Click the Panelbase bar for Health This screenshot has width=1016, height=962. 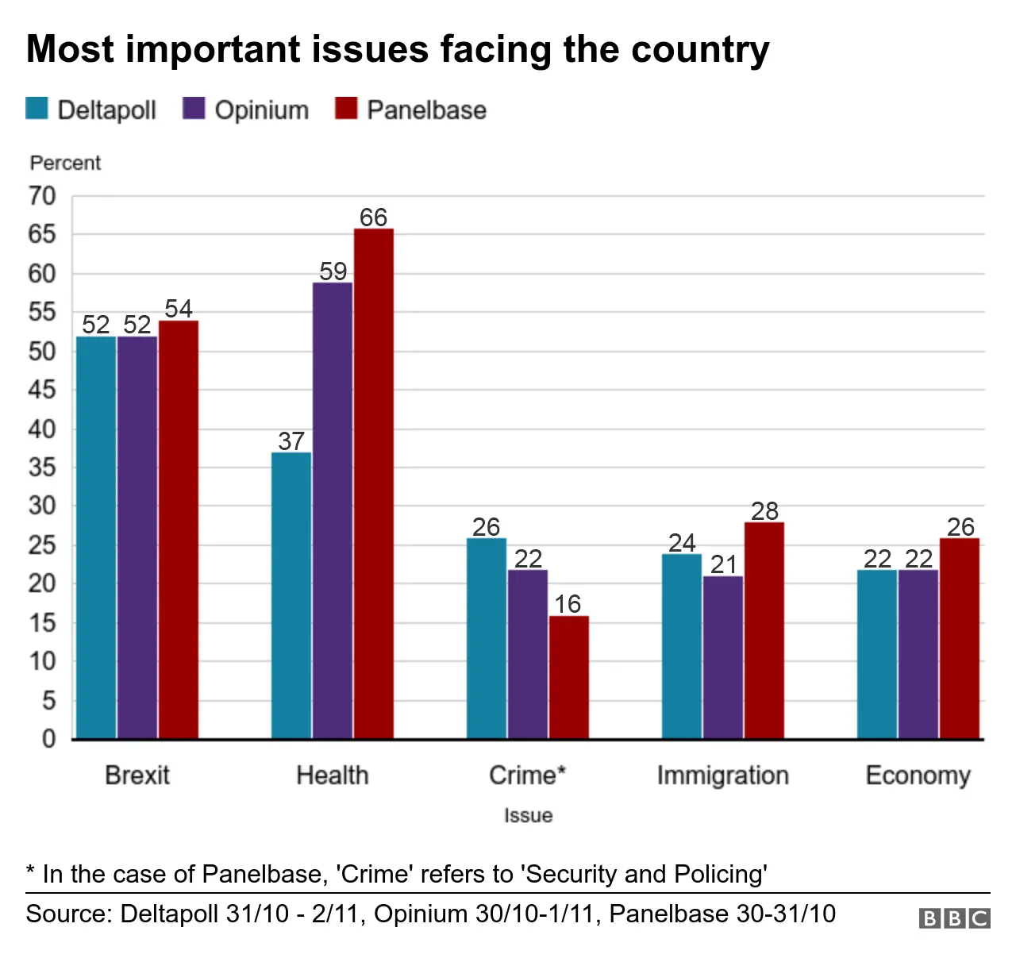tap(373, 484)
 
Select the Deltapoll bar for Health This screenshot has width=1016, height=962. tap(291, 595)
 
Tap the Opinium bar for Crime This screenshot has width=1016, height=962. tap(527, 654)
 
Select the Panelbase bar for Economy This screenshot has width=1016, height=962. tap(959, 638)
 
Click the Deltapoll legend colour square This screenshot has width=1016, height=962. tap(37, 109)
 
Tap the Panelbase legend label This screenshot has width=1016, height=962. tap(426, 110)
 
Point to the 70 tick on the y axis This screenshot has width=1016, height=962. tap(43, 196)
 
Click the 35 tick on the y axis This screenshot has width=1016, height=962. tap(43, 468)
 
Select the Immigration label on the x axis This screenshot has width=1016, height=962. tap(722, 775)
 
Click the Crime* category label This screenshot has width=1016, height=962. tap(527, 775)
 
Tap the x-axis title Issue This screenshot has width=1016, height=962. tap(528, 815)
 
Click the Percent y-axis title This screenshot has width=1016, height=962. tap(65, 163)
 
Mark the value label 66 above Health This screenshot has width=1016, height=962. tap(373, 217)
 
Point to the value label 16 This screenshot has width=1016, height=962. tap(568, 604)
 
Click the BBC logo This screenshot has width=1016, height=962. tap(954, 918)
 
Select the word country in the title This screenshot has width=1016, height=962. tap(700, 49)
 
